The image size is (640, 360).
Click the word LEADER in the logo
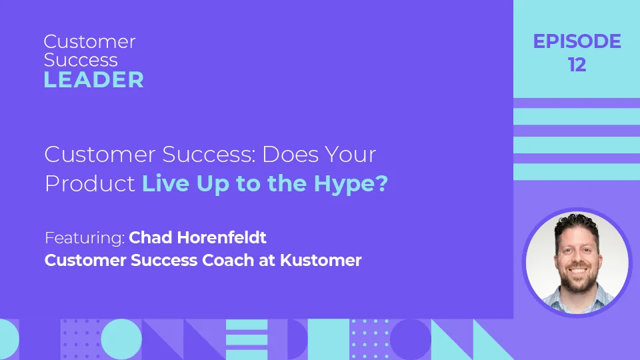tap(94, 79)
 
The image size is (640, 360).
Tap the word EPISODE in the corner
tap(577, 41)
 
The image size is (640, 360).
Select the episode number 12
tap(577, 65)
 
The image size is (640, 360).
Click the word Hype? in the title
tap(351, 184)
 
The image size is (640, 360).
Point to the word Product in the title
tap(90, 184)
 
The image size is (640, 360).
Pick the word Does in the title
tap(290, 154)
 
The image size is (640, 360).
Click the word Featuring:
tap(85, 238)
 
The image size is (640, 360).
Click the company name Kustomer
tap(321, 261)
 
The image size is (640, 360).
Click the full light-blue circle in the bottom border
tap(121, 339)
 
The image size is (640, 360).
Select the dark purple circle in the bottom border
tap(410, 339)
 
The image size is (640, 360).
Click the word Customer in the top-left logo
tap(90, 41)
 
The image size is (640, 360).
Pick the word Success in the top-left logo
tap(81, 60)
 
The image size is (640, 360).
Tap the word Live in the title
tap(166, 183)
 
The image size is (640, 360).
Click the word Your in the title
tap(350, 154)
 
